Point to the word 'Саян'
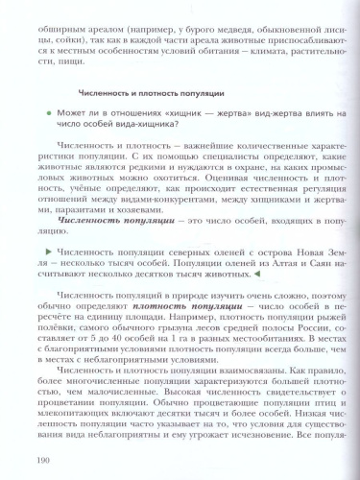324,261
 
